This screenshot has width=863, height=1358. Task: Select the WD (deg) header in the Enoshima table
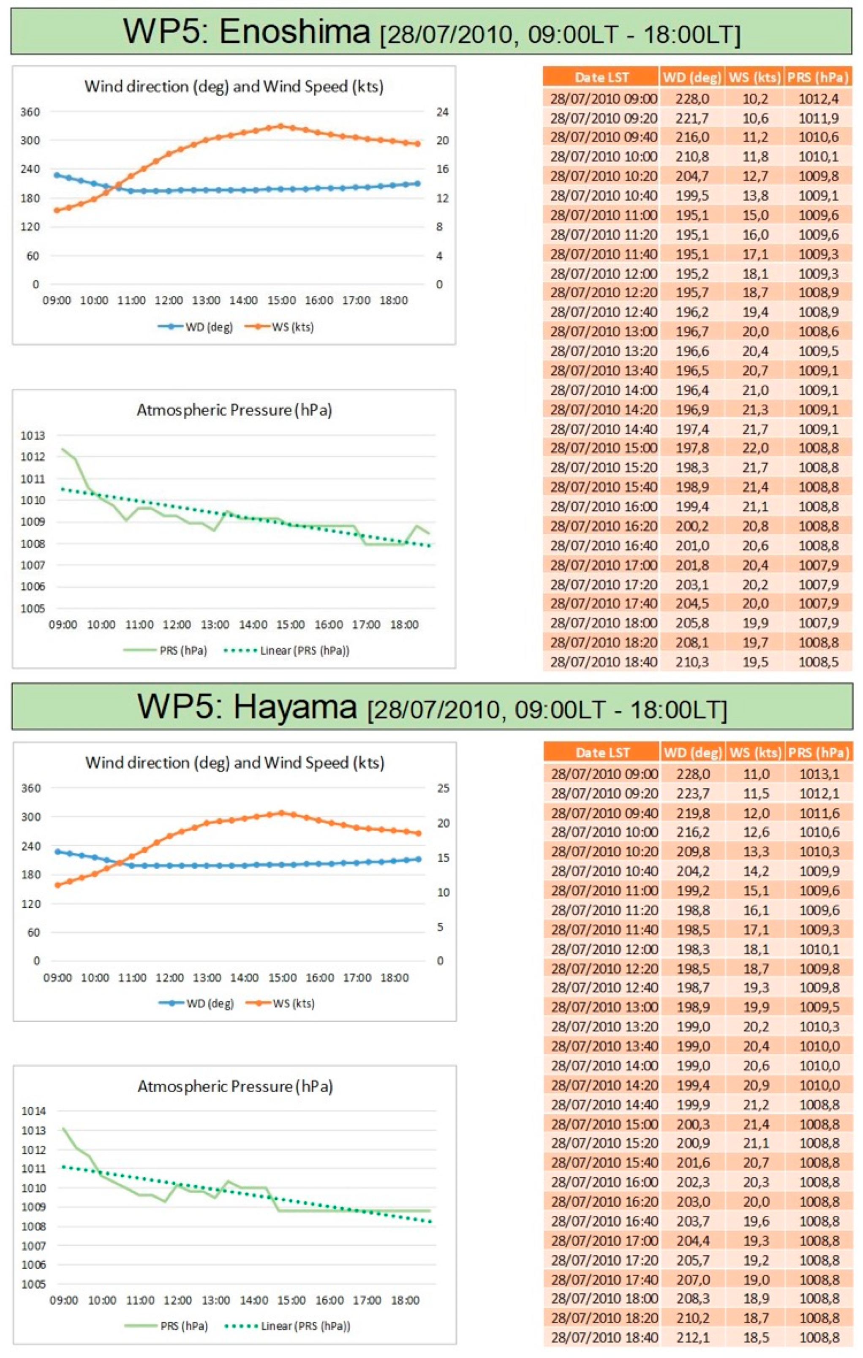(692, 77)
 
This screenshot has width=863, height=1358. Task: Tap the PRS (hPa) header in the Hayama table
(819, 752)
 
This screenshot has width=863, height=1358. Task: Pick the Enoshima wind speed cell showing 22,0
(755, 448)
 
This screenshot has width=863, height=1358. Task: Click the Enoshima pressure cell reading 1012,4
(818, 99)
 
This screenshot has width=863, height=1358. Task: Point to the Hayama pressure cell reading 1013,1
(819, 774)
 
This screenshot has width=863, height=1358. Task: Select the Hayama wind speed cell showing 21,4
(756, 1124)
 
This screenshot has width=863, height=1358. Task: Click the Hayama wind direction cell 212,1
(693, 1337)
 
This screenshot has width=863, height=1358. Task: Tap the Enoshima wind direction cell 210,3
(692, 661)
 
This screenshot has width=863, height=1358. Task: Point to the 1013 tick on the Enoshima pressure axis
(32, 435)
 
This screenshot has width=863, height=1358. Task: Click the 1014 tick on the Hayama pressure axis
(33, 1111)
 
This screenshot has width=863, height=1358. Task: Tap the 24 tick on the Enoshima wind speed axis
(442, 112)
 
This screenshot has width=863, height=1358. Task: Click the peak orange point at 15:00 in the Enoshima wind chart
(280, 126)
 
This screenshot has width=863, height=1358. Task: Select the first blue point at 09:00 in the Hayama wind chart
(57, 852)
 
